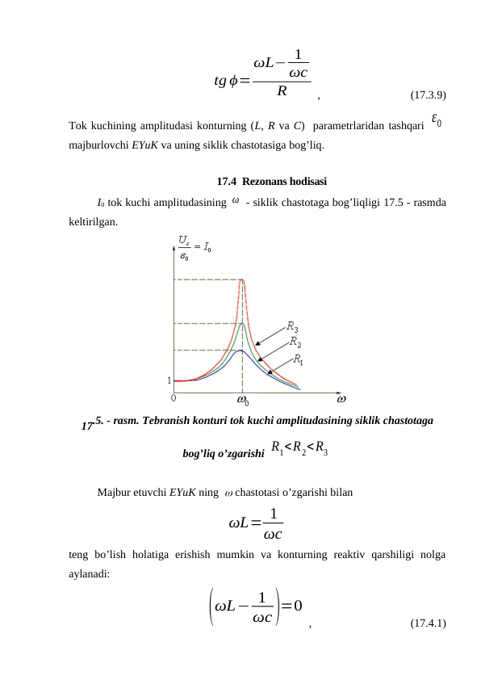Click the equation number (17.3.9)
tap(429, 95)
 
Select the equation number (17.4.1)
tap(429, 623)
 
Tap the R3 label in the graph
tap(293, 326)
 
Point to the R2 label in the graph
tap(296, 342)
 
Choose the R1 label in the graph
tap(298, 359)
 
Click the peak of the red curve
tap(242, 279)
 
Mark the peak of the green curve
tap(241, 323)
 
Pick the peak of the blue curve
tap(240, 350)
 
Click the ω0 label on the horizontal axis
tap(242, 398)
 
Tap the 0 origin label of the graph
tap(174, 397)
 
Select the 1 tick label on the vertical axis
tap(169, 380)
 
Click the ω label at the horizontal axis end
tap(341, 397)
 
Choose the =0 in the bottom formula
tap(292, 605)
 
